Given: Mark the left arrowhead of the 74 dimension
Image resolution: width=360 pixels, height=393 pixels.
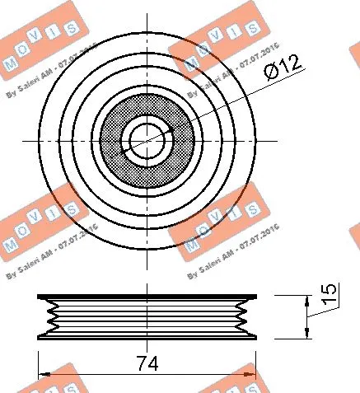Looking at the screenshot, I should point(42,375).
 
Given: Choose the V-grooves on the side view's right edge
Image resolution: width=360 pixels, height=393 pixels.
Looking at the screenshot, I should point(245,316).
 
